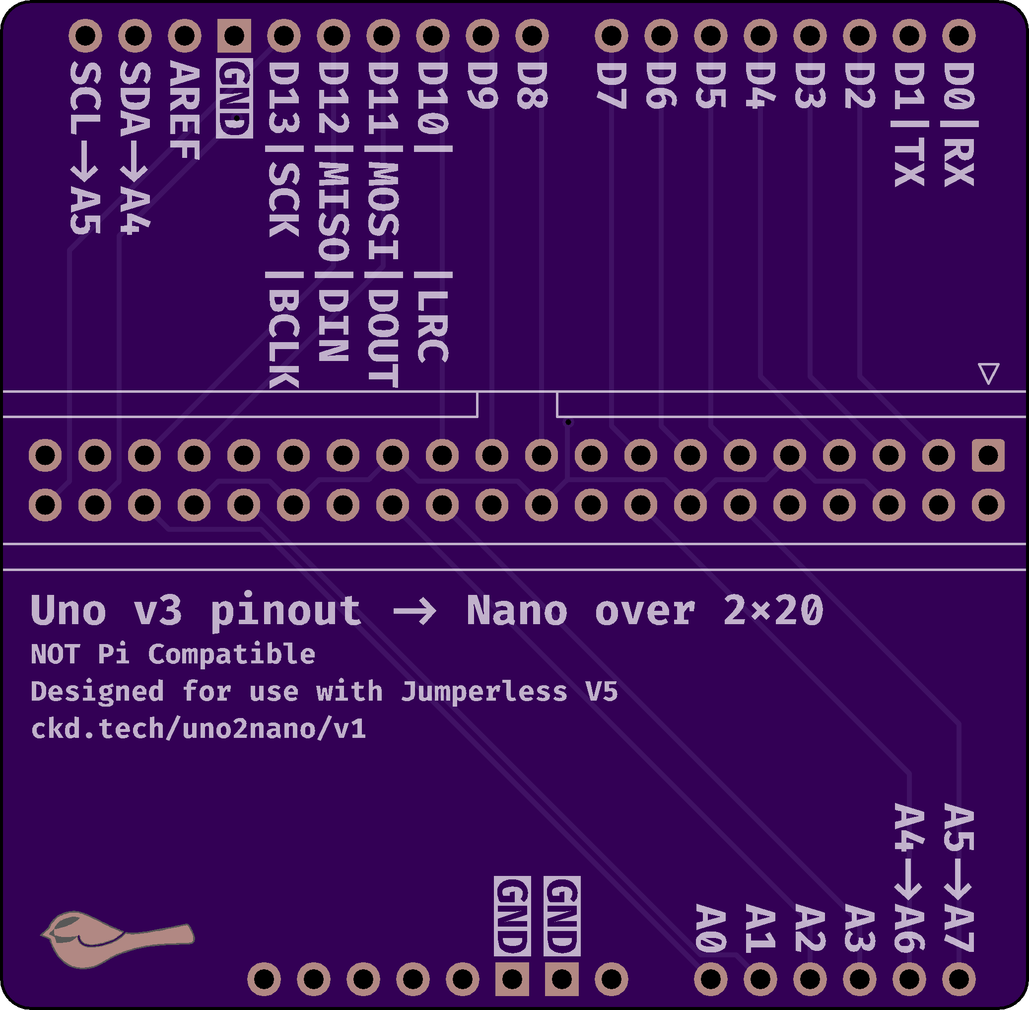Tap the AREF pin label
pyautogui.click(x=184, y=110)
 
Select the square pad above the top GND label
pyautogui.click(x=234, y=36)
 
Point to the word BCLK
pyautogui.click(x=284, y=340)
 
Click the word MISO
pyautogui.click(x=334, y=211)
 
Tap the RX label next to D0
pyautogui.click(x=959, y=162)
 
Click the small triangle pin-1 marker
pyautogui.click(x=988, y=373)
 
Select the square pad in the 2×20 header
pyautogui.click(x=988, y=455)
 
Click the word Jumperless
pyautogui.click(x=484, y=692)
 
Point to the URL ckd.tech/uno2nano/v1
pyautogui.click(x=198, y=729)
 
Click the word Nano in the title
pyautogui.click(x=517, y=611)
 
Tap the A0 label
pyautogui.click(x=710, y=928)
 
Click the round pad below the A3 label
pyautogui.click(x=859, y=979)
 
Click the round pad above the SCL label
pyautogui.click(x=85, y=36)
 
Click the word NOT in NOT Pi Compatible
pyautogui.click(x=55, y=654)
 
